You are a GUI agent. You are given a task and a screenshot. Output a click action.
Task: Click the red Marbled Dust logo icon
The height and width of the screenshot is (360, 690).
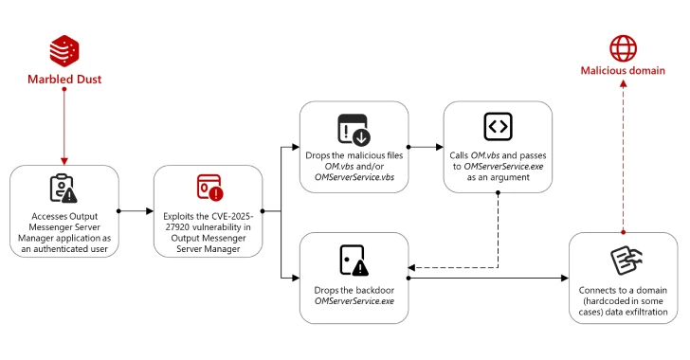(x=64, y=50)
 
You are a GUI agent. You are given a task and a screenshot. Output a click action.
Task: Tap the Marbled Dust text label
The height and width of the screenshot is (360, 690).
(x=64, y=80)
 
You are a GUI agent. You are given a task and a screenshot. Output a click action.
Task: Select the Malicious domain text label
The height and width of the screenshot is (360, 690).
(x=623, y=70)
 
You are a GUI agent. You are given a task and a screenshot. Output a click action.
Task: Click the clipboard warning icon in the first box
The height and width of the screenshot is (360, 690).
(x=64, y=188)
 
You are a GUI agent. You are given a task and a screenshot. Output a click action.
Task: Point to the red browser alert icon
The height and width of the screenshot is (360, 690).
(x=209, y=188)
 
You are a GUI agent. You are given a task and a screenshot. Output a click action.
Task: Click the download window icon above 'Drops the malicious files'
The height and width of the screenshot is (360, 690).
(x=353, y=129)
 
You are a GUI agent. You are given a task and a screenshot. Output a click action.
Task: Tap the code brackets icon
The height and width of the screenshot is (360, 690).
(x=498, y=126)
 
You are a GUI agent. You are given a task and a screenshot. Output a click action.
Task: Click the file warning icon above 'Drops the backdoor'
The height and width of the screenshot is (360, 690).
(x=353, y=260)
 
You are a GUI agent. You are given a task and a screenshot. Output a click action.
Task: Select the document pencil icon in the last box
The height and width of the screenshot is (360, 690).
(x=623, y=261)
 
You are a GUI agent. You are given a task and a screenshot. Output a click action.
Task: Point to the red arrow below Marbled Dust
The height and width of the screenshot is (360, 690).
(x=64, y=123)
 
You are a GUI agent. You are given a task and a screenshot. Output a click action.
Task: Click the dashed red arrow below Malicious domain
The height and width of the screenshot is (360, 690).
(x=623, y=152)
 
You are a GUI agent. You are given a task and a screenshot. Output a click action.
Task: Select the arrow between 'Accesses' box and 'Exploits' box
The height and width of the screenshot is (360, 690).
(x=136, y=210)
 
